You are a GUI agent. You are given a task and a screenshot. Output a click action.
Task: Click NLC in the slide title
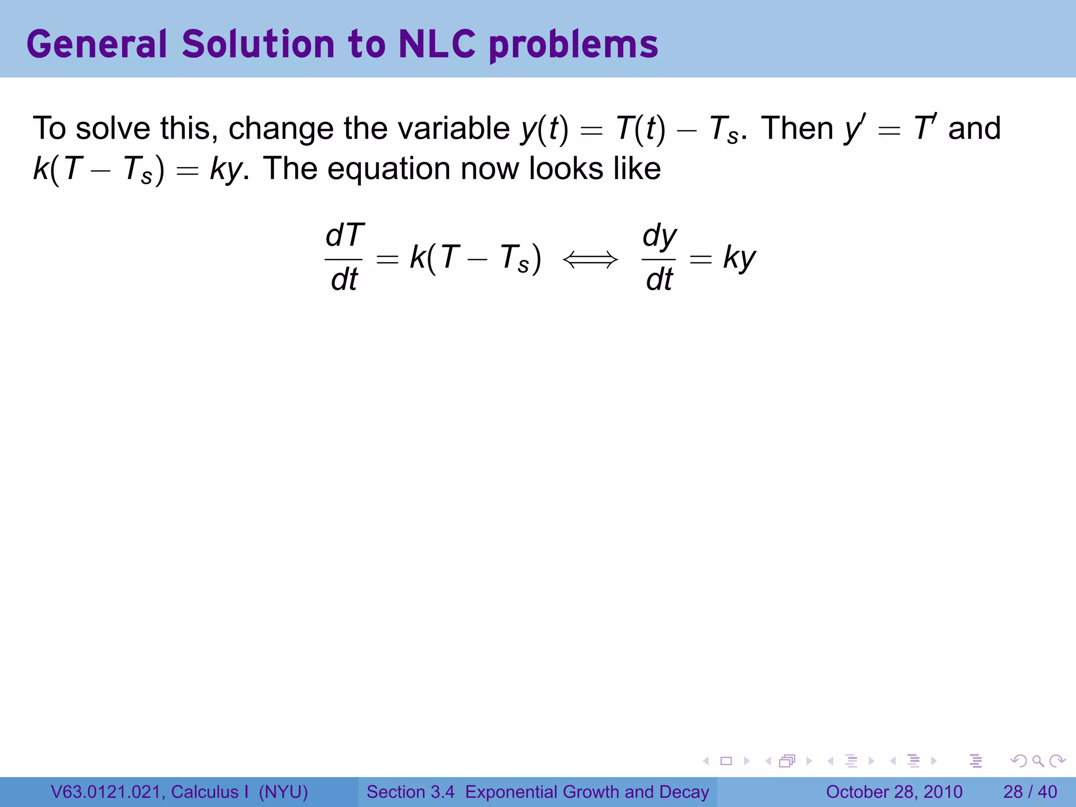tap(437, 44)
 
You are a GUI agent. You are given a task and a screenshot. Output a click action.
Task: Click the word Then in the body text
tap(797, 128)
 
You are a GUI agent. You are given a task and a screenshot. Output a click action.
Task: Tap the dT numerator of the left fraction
tap(344, 235)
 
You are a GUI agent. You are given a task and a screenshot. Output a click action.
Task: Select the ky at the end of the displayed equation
tap(739, 258)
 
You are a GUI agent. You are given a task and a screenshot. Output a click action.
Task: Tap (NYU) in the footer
tap(283, 792)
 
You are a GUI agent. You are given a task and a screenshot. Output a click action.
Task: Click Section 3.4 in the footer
tap(410, 792)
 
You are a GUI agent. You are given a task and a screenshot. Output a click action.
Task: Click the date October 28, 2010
tap(894, 792)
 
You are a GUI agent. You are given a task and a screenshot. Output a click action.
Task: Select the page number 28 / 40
tap(1030, 792)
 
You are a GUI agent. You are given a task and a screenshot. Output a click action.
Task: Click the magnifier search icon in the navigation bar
tap(1038, 761)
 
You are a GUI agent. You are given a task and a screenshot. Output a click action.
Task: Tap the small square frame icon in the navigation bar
tap(726, 761)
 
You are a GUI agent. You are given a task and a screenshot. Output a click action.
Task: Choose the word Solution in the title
tap(258, 44)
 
